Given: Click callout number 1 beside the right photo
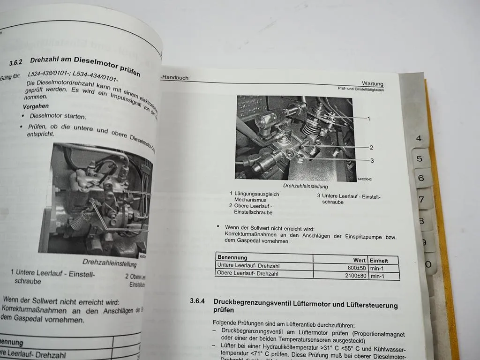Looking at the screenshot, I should click(368, 119).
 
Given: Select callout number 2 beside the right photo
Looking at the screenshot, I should click(371, 147).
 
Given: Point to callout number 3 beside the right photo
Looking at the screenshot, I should click(372, 161).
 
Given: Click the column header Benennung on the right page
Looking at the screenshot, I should click(232, 257).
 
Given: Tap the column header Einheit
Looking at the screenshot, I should click(379, 260).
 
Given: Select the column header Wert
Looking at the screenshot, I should click(359, 260).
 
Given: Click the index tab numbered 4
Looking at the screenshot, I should click(419, 138).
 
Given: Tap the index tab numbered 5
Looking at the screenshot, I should click(420, 158).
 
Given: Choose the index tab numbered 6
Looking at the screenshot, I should click(421, 178).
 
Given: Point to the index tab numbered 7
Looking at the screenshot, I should click(421, 200).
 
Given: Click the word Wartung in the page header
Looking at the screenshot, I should click(373, 83).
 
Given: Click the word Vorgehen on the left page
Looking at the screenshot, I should click(35, 106).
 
